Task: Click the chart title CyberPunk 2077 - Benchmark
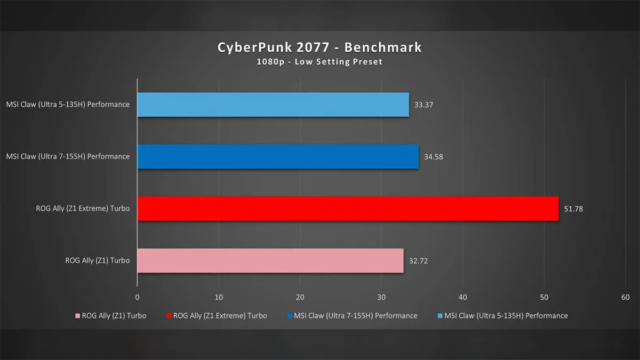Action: [319, 47]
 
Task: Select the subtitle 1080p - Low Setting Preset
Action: [319, 62]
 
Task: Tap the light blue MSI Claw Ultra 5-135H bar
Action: [273, 105]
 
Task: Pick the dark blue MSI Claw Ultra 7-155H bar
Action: [278, 157]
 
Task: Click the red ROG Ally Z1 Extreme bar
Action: [348, 209]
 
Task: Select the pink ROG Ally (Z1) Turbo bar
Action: [270, 261]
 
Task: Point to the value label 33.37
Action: [423, 105]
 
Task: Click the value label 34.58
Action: [434, 157]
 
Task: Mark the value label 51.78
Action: [573, 209]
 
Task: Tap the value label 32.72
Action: [418, 261]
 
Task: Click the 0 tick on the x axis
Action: [138, 298]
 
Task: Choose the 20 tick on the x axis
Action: [300, 298]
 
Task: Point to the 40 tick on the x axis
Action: [463, 298]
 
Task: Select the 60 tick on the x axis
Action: [626, 298]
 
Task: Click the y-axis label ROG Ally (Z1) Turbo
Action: [98, 261]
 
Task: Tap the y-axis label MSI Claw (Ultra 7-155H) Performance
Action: [68, 157]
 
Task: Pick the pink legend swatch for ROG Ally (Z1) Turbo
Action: [77, 316]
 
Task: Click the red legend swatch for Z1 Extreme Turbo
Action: [169, 316]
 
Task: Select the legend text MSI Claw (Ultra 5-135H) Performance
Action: [506, 316]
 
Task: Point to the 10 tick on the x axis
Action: [219, 298]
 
